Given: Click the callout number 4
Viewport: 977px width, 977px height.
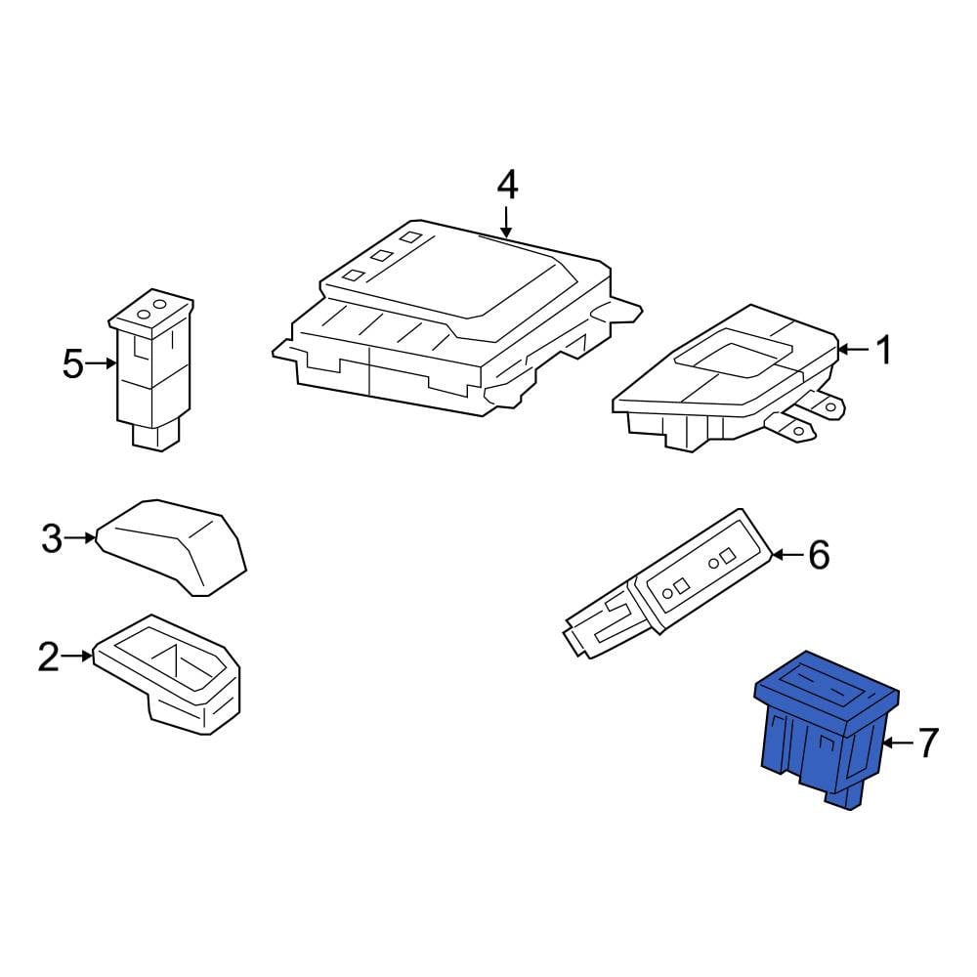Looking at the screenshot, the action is pos(507,186).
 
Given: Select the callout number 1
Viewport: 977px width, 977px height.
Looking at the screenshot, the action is pos(883,350).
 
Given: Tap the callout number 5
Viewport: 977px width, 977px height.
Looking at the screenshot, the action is pos(73,363).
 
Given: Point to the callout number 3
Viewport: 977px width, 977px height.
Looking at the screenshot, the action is pos(52,537).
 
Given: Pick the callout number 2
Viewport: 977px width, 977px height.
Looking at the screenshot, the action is pos(49,657).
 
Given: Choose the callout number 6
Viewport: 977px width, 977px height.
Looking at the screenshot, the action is pos(819,554).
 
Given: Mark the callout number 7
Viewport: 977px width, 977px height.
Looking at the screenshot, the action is pos(928,743).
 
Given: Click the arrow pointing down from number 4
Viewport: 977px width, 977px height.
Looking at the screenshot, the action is pos(507,223).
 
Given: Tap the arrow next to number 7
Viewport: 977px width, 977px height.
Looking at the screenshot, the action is pos(899,743).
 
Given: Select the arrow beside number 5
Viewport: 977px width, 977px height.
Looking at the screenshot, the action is pos(102,363).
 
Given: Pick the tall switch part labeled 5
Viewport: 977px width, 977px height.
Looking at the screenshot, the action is pos(151,370).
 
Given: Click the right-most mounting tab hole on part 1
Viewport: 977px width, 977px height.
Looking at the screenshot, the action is pos(830,407).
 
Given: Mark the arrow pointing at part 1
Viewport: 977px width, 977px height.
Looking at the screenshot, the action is pos(854,350).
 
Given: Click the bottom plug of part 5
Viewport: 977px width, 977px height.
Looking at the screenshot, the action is pos(155,435).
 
